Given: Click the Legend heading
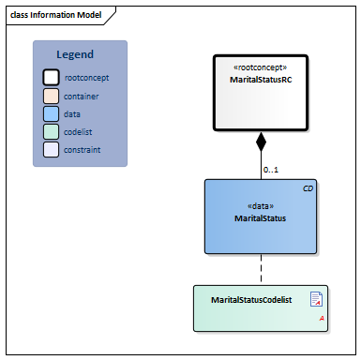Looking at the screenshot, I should click(x=75, y=55).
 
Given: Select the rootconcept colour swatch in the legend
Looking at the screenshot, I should click(x=52, y=78).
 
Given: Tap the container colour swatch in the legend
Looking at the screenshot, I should click(x=52, y=96).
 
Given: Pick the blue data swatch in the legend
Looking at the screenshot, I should click(x=52, y=113).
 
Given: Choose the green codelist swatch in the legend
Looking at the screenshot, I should click(x=52, y=131).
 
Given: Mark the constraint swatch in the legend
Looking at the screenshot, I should click(x=52, y=149).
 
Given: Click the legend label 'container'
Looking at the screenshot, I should click(x=82, y=96).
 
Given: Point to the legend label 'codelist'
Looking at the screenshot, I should click(x=80, y=131).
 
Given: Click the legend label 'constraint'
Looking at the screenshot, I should click(x=83, y=149).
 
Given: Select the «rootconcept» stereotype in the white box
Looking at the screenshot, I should click(x=259, y=68).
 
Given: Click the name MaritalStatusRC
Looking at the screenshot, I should click(x=259, y=81).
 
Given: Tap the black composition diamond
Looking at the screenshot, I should click(x=262, y=143).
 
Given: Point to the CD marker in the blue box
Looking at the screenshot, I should click(x=308, y=188).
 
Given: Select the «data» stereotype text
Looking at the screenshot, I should click(x=261, y=205).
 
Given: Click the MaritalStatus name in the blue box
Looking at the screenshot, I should click(x=261, y=217).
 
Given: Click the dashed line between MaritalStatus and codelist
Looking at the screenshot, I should click(x=262, y=269).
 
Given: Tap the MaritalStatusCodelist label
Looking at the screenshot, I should click(x=251, y=300).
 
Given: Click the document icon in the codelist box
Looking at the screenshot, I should click(x=316, y=299).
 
